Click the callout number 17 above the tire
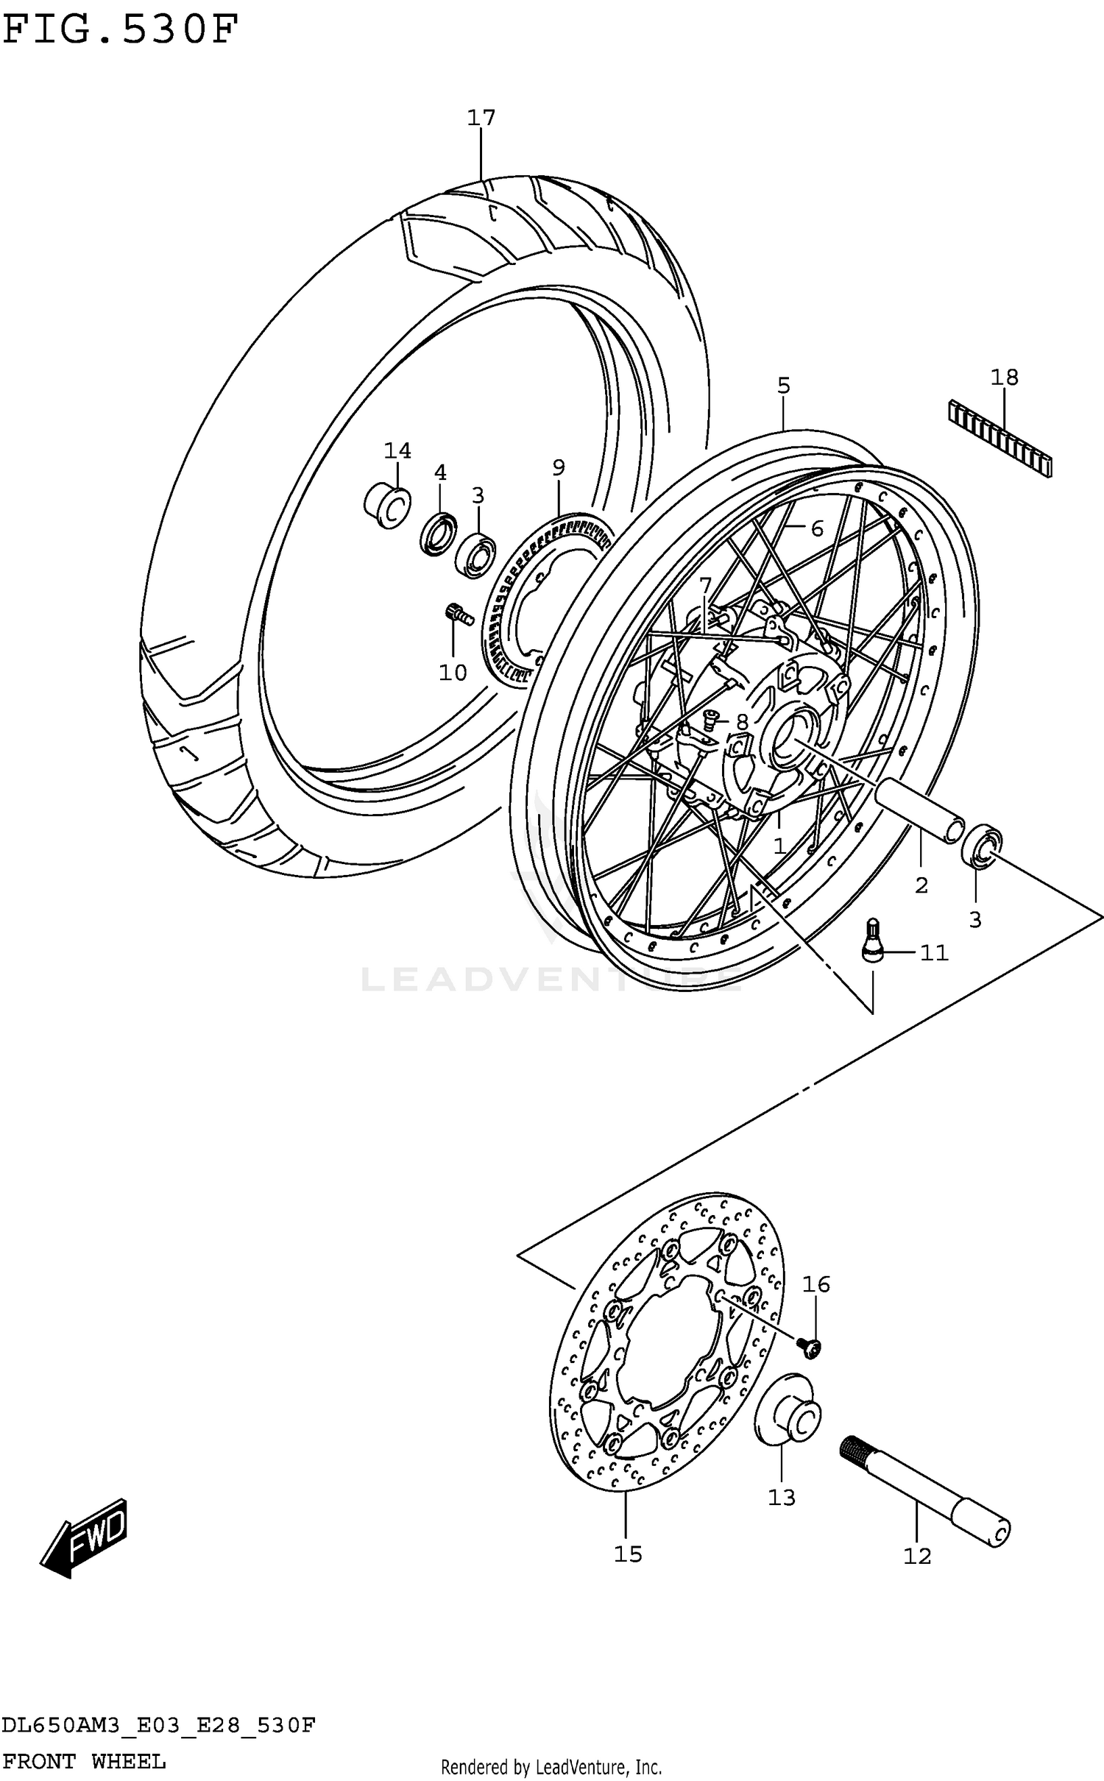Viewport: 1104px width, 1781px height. pyautogui.click(x=481, y=118)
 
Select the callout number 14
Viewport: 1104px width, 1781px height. pyautogui.click(x=397, y=450)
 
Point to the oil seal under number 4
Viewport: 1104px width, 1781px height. pyautogui.click(x=438, y=535)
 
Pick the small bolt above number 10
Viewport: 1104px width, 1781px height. pyautogui.click(x=459, y=613)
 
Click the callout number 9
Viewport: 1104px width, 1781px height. pyautogui.click(x=559, y=467)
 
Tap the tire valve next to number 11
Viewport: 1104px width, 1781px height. pyautogui.click(x=872, y=940)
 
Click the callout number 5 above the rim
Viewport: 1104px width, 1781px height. pyautogui.click(x=784, y=385)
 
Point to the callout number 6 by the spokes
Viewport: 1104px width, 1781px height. pyautogui.click(x=817, y=528)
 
